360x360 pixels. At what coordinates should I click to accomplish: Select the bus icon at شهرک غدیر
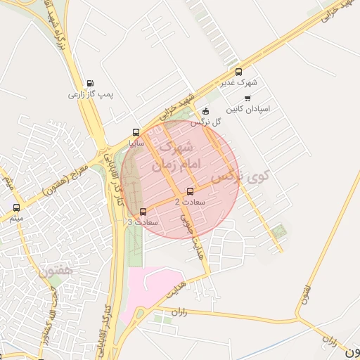pyautogui.click(x=238, y=72)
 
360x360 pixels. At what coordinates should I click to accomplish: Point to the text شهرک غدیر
pyautogui.click(x=239, y=82)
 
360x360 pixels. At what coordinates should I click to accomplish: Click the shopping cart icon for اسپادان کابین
pyautogui.click(x=247, y=98)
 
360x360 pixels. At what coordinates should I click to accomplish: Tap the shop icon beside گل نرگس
pyautogui.click(x=205, y=111)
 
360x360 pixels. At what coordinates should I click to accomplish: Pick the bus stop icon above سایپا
pyautogui.click(x=136, y=132)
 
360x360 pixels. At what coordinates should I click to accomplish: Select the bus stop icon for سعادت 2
pyautogui.click(x=190, y=191)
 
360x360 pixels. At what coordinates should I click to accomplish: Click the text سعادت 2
pyautogui.click(x=190, y=202)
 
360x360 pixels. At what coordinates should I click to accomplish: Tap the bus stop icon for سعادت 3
pyautogui.click(x=143, y=212)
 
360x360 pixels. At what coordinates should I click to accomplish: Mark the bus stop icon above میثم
pyautogui.click(x=17, y=207)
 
